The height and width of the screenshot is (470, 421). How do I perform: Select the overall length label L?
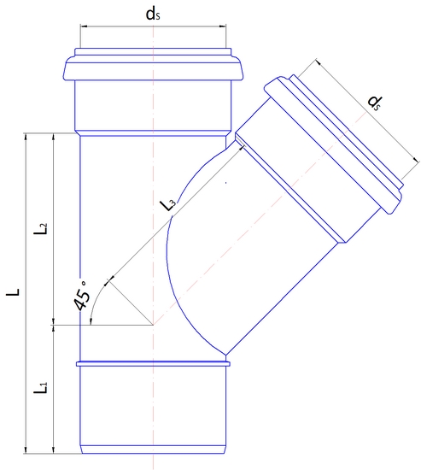(13, 292)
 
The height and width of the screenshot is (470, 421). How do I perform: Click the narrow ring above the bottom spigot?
(153, 364)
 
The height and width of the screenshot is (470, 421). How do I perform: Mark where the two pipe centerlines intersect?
(153, 325)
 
